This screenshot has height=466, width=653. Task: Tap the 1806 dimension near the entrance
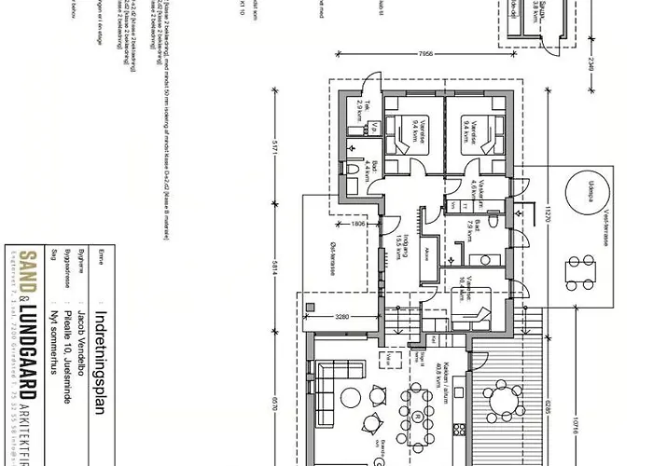pos(359,224)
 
